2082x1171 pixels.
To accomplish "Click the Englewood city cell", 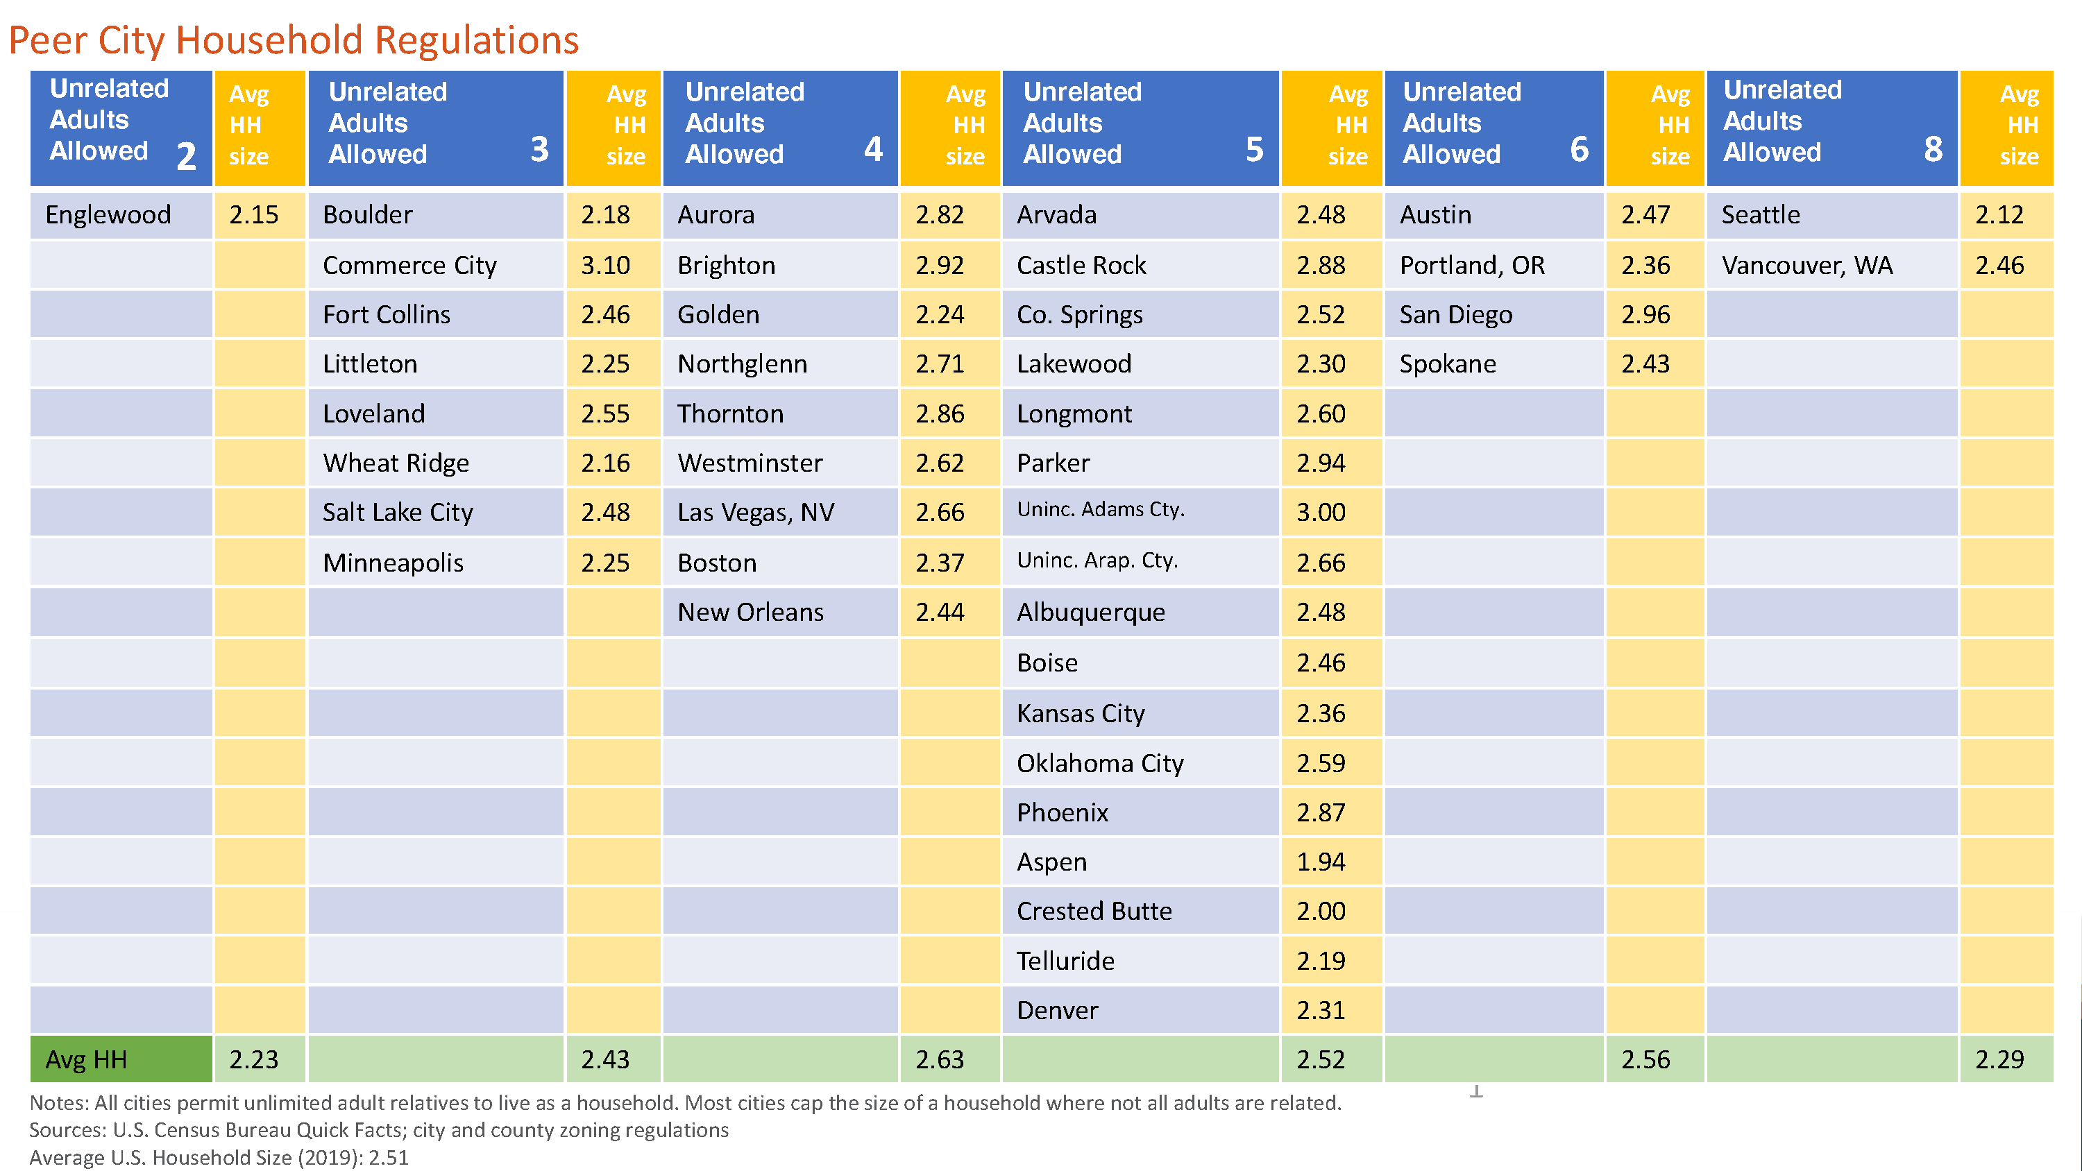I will (108, 215).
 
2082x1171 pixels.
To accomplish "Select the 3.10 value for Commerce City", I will (604, 265).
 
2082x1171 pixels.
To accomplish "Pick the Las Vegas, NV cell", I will (756, 513).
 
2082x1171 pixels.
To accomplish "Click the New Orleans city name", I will (750, 613).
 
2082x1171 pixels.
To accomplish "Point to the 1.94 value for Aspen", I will (1321, 862).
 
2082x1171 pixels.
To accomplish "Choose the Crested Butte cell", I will (1094, 912).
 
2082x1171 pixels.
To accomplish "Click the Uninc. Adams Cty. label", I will (1100, 510).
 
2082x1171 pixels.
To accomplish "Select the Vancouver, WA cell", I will (1806, 265).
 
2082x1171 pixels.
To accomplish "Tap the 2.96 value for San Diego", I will (1645, 314).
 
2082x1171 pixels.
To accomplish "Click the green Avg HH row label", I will (87, 1059).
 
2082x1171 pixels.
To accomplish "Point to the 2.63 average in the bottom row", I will (939, 1059).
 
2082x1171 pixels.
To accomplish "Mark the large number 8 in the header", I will (1933, 150).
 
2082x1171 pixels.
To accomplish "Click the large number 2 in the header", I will (187, 156).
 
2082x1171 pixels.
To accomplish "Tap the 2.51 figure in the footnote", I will (389, 1158).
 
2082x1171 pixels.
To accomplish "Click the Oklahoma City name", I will (1099, 764).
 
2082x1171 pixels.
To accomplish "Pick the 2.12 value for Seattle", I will (1999, 215).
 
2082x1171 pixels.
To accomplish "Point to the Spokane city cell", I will (1448, 364).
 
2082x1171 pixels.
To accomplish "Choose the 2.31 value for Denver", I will (1321, 1010).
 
